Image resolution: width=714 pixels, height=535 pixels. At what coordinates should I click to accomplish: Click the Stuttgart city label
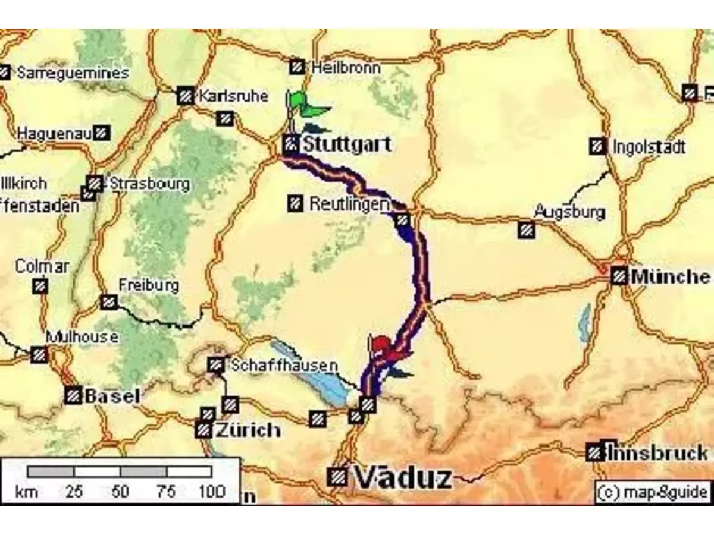point(346,144)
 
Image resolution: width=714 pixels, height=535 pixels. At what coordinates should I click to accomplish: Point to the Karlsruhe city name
point(233,96)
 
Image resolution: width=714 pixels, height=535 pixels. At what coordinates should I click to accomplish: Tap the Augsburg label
point(569,212)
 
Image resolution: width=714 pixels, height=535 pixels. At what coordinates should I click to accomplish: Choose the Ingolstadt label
point(649,147)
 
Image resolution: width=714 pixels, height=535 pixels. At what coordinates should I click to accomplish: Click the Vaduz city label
point(403,477)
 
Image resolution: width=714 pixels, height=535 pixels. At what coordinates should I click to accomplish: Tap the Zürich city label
point(248,429)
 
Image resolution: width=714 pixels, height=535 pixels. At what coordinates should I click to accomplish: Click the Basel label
point(112,396)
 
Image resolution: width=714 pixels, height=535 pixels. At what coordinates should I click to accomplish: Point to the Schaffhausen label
point(284,365)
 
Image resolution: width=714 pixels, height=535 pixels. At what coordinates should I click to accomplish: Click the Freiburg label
point(149,285)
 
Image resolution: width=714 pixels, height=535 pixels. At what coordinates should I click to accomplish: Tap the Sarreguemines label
point(73,73)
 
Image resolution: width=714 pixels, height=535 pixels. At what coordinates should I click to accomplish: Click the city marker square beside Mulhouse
point(40,355)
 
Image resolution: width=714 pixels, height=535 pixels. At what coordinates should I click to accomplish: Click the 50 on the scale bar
point(120,492)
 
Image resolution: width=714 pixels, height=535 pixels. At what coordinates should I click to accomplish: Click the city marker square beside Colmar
point(40,287)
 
